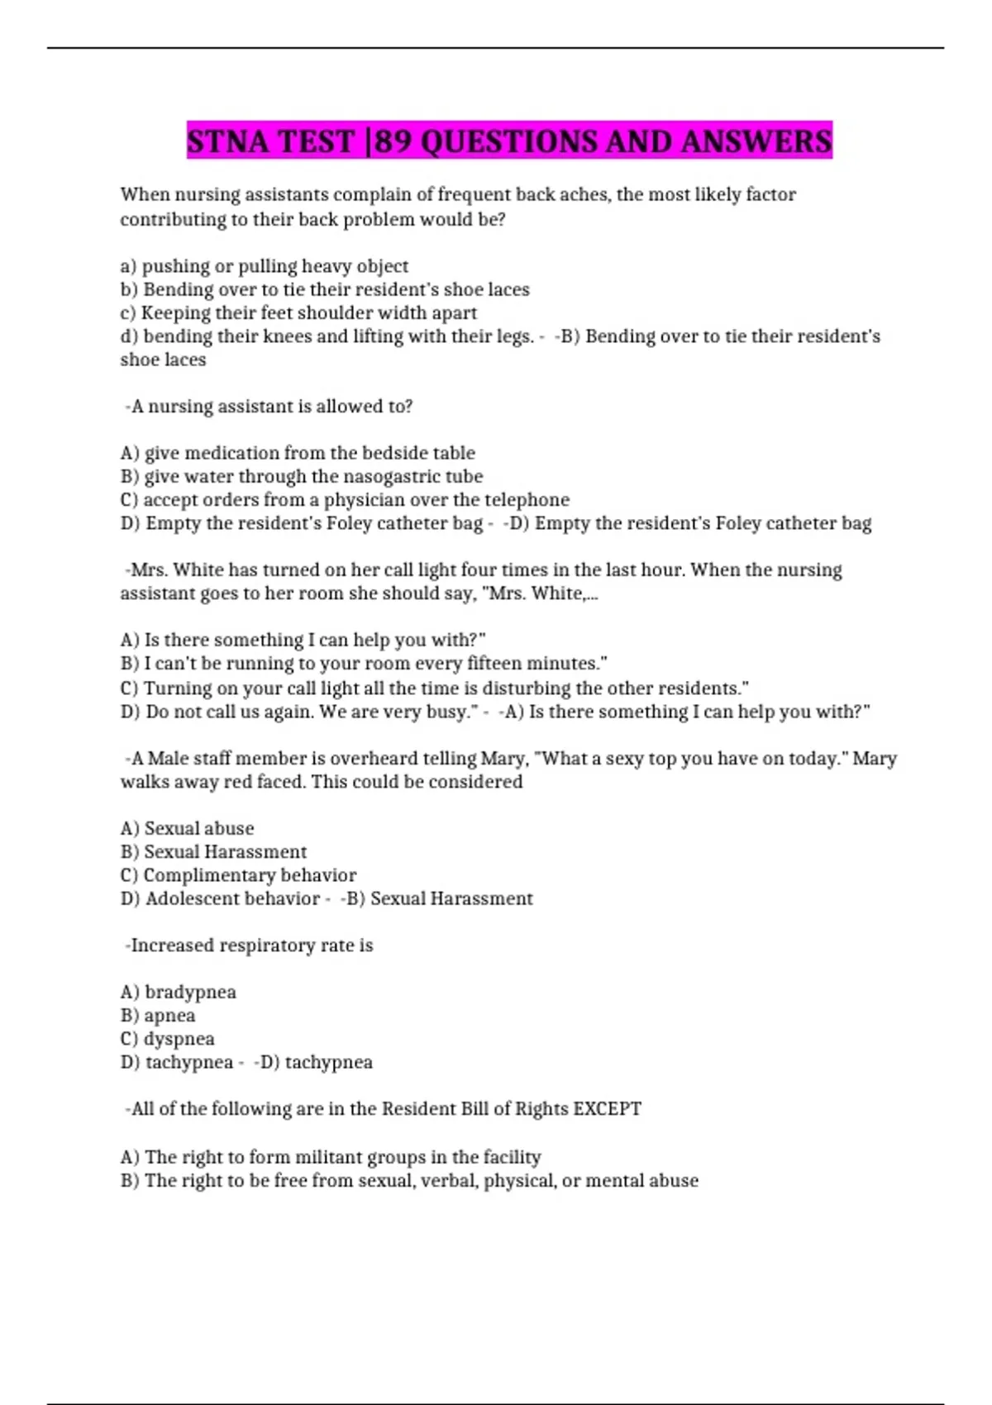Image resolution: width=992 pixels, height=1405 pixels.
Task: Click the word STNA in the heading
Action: [227, 141]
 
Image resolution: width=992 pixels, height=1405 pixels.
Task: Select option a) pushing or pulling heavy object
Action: [265, 266]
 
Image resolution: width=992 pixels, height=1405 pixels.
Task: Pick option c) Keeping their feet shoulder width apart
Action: [298, 313]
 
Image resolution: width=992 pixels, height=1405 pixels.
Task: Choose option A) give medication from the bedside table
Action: [298, 453]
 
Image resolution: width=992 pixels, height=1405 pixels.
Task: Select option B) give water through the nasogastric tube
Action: [302, 477]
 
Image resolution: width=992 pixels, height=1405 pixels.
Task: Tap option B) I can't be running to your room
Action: [364, 664]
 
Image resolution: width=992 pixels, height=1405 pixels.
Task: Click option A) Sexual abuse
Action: [188, 828]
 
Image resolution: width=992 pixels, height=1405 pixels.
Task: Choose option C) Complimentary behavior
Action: [238, 875]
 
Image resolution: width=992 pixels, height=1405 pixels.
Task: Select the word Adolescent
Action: [192, 898]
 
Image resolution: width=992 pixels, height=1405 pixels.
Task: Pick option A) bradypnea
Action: [179, 992]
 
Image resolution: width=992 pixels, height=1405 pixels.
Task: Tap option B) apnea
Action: [158, 1015]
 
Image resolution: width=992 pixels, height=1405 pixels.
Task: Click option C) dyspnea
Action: [168, 1039]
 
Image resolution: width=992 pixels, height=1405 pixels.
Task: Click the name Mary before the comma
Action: [503, 759]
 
